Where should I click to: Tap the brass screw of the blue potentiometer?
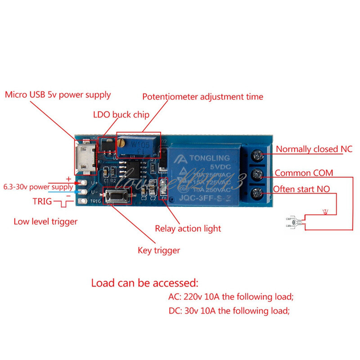[x=122, y=143]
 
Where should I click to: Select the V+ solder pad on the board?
[x=84, y=183]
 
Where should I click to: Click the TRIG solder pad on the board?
[x=84, y=201]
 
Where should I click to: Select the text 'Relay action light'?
[x=188, y=229]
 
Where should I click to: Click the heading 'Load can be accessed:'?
[x=144, y=283]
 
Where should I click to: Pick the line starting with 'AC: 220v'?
[x=228, y=297]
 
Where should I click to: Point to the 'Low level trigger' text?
[x=45, y=221]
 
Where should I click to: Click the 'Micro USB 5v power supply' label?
[x=58, y=95]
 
